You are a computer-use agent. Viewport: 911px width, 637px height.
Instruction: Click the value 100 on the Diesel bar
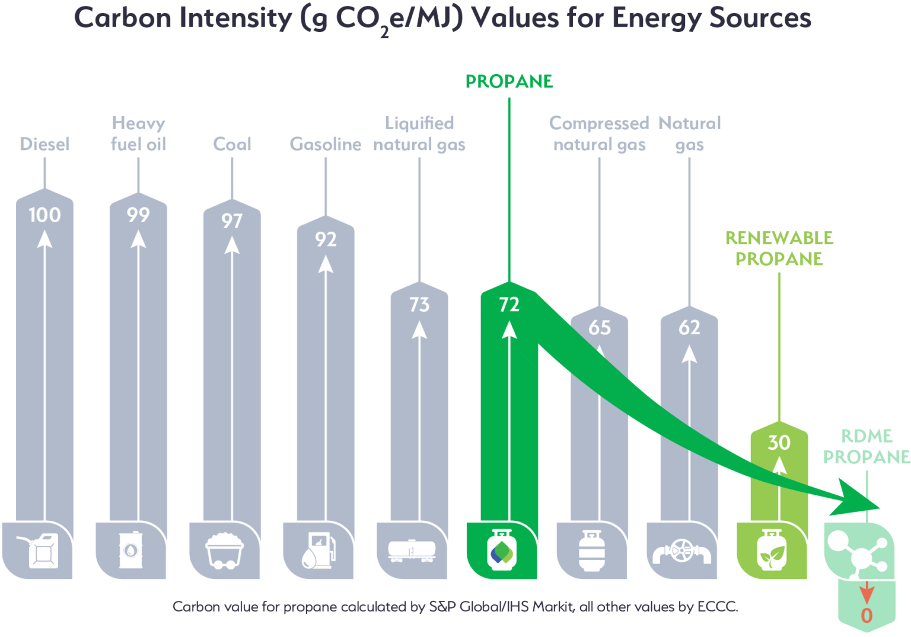(x=44, y=215)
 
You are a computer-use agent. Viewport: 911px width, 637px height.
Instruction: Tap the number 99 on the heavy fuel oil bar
(x=138, y=215)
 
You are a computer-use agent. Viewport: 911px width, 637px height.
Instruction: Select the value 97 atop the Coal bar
(x=232, y=221)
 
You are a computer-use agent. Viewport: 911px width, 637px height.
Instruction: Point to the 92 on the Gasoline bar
(x=326, y=239)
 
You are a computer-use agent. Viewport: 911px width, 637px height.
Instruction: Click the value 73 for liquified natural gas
(x=419, y=305)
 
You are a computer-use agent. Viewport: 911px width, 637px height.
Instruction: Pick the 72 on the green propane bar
(x=509, y=305)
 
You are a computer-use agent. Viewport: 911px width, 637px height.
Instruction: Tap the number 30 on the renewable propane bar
(x=779, y=443)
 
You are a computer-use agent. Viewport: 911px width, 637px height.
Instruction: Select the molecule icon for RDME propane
(x=859, y=552)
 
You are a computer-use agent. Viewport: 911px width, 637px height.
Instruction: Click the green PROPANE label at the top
(x=509, y=81)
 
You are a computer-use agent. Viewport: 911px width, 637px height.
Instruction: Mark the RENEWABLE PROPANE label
(x=779, y=248)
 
